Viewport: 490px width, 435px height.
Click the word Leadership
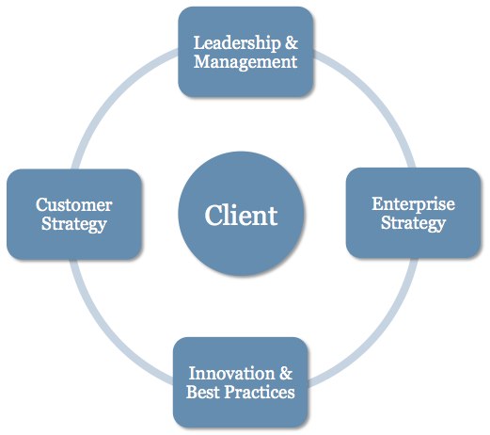click(237, 43)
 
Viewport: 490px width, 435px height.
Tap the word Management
click(245, 62)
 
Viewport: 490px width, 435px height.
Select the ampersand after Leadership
click(292, 42)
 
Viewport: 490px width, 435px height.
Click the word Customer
click(74, 205)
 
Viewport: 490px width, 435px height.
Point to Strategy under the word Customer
click(74, 224)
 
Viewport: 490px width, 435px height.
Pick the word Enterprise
click(413, 204)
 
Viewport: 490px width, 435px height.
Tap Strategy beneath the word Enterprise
click(413, 223)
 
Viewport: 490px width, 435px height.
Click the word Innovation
click(231, 374)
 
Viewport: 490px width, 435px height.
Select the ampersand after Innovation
click(286, 373)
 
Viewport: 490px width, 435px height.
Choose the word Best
click(203, 392)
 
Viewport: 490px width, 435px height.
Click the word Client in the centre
click(241, 216)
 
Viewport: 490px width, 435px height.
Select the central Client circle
click(241, 214)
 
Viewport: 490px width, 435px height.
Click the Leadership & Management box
click(245, 52)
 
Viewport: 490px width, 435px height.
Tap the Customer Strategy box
click(74, 215)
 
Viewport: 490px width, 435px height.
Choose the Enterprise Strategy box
click(413, 213)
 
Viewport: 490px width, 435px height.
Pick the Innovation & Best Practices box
click(241, 382)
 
